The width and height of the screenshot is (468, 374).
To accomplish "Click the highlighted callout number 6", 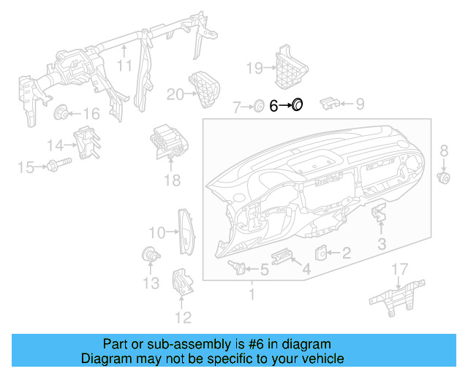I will pyautogui.click(x=273, y=107).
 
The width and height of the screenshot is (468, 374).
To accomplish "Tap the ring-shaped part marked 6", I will pyautogui.click(x=298, y=106).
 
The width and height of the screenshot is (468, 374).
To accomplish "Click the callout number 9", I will pyautogui.click(x=359, y=104).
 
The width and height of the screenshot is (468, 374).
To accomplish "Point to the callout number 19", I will pyautogui.click(x=254, y=69).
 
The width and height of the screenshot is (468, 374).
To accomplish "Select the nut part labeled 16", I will pyautogui.click(x=61, y=112).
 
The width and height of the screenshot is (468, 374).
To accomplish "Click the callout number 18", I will pyautogui.click(x=171, y=180).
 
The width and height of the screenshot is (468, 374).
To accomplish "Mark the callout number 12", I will pyautogui.click(x=182, y=317).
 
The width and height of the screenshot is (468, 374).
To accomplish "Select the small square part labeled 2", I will pyautogui.click(x=321, y=253).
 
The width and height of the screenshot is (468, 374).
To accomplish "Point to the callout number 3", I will pyautogui.click(x=382, y=243).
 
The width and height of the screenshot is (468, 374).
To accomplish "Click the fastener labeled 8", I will pyautogui.click(x=443, y=177).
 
